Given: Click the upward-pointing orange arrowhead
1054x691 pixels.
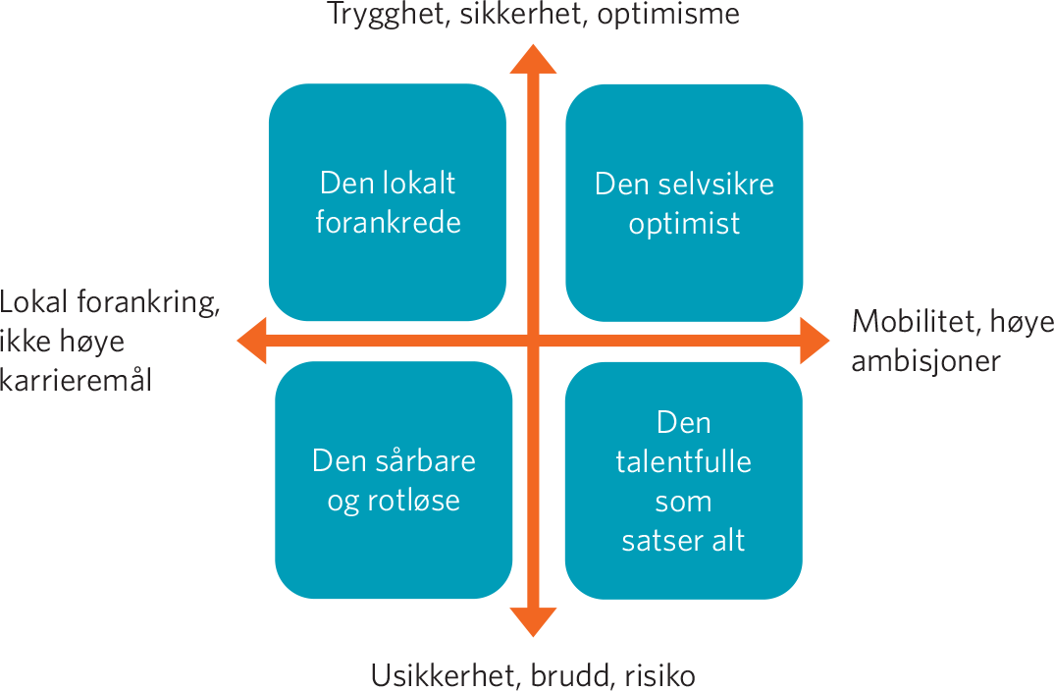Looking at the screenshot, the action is [x=533, y=59].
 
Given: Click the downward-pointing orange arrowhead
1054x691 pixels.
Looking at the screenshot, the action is [x=533, y=621].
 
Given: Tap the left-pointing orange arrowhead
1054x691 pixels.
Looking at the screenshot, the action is [x=252, y=341].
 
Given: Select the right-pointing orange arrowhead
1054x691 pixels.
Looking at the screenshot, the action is [x=815, y=341].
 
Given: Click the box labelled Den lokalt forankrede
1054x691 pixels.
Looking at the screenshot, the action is [x=388, y=202].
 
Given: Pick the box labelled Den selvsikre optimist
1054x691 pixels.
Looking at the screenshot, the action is [x=684, y=203].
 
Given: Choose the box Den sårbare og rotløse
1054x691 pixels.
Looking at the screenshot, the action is [x=394, y=480].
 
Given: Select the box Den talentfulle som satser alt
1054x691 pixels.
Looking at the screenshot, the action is [x=684, y=481].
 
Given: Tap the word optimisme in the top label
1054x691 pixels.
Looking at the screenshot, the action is [x=668, y=15].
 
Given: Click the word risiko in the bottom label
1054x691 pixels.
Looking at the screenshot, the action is [x=659, y=675].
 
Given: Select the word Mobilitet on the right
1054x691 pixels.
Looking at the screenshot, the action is [x=915, y=322].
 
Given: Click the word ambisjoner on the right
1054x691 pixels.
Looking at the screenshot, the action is [x=925, y=361].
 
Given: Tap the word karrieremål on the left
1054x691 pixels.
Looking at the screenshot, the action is [x=76, y=381].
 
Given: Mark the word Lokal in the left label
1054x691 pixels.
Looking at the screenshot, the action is [x=33, y=302].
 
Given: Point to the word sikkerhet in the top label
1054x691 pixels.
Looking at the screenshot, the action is [x=522, y=14].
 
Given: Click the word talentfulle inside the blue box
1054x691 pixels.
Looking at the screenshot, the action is [x=684, y=461].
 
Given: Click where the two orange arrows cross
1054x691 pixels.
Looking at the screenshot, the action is [x=533, y=341].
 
